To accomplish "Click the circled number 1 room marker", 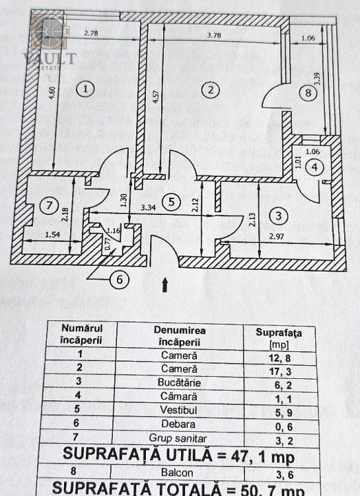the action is (x=85, y=89).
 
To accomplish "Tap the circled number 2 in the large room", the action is (x=211, y=90).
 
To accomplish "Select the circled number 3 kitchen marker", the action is (x=278, y=216).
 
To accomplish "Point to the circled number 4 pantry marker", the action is (x=315, y=167).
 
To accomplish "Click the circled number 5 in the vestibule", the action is (x=171, y=202).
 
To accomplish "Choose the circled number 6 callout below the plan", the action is (x=120, y=279).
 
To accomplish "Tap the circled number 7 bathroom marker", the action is (x=49, y=205).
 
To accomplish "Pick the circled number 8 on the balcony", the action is (x=308, y=93).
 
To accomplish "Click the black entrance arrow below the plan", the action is (x=165, y=285).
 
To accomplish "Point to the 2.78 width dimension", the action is (x=91, y=32).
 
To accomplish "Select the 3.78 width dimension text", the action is (x=214, y=35).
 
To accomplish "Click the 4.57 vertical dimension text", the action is (x=156, y=97).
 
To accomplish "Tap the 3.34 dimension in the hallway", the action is (x=148, y=207).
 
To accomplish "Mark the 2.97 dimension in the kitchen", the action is (x=276, y=236).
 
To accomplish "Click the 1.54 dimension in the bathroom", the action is (x=52, y=234).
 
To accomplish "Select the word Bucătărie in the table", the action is (x=179, y=382).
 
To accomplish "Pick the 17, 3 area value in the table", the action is (x=280, y=371).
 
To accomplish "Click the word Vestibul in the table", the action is (x=178, y=410).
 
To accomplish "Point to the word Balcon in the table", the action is (x=177, y=473).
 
